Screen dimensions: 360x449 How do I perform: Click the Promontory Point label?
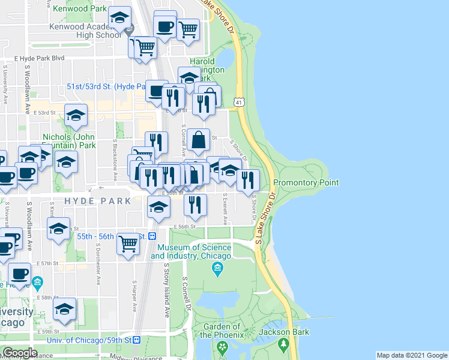(306, 182)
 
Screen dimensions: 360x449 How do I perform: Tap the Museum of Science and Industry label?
(191, 252)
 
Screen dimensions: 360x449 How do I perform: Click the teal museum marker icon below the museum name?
(217, 268)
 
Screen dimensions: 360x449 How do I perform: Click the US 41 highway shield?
(240, 104)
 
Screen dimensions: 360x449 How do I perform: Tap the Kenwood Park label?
(80, 9)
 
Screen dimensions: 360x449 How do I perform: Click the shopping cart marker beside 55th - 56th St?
(128, 244)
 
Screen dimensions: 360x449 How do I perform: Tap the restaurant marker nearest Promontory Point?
(247, 179)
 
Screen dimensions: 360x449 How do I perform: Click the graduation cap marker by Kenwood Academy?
(120, 18)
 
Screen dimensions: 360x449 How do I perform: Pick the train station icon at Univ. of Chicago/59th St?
(136, 340)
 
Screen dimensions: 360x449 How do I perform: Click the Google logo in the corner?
(20, 353)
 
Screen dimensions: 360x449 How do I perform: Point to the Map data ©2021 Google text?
(411, 355)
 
